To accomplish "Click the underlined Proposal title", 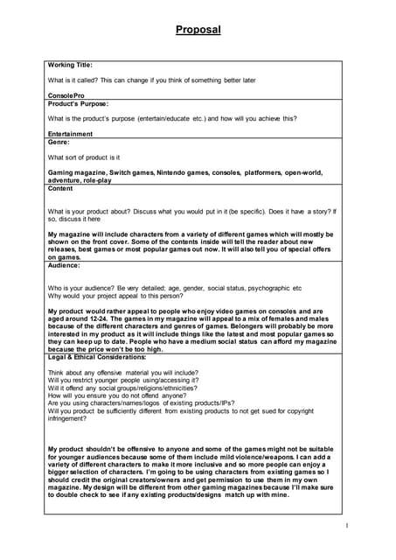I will pos(198,30).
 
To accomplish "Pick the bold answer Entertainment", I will pos(71,133).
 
